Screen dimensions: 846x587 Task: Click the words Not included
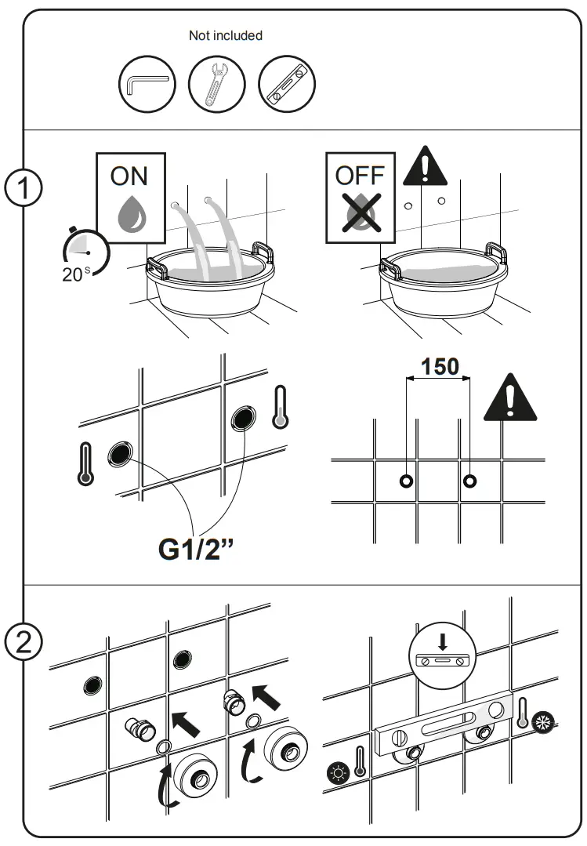[x=226, y=35]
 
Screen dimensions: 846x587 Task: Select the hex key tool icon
[x=147, y=83]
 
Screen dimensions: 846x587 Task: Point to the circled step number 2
[x=24, y=645]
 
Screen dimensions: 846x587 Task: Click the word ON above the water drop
[x=129, y=176]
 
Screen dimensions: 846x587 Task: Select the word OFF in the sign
[x=359, y=176]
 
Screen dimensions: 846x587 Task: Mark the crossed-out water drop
[x=360, y=211]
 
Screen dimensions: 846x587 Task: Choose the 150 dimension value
[x=440, y=366]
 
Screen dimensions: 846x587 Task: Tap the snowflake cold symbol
[x=542, y=724]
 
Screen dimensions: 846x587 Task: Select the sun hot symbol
[x=338, y=772]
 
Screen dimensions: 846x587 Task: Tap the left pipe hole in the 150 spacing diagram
[x=406, y=481]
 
